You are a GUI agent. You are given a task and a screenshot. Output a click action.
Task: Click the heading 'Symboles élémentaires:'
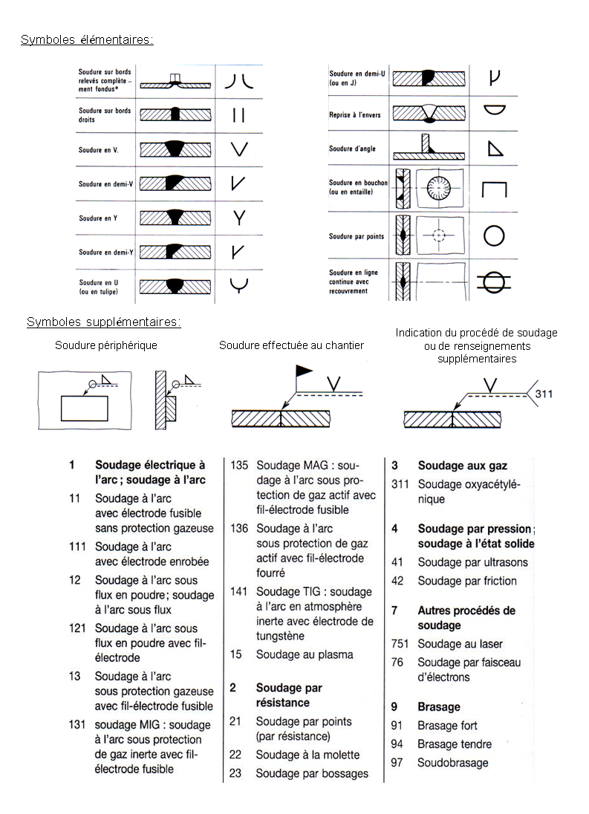[x=87, y=39]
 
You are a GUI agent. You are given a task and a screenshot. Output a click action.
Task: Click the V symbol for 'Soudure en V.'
[x=239, y=149]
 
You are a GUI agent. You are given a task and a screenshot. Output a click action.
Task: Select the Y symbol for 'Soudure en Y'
[x=239, y=218]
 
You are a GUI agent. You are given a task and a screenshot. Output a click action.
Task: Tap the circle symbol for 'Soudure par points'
[x=495, y=235]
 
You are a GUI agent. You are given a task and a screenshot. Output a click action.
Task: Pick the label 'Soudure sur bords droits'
[x=105, y=115]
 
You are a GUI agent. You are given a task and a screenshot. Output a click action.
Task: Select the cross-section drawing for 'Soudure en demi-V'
[x=175, y=183]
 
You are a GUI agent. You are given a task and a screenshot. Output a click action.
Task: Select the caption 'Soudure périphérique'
[x=106, y=345]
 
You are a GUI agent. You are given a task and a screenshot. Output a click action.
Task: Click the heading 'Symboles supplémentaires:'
[x=104, y=322]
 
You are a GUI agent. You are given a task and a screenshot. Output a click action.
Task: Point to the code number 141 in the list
[x=238, y=592]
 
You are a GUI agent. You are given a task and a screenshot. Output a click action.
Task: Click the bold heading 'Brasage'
[x=439, y=707]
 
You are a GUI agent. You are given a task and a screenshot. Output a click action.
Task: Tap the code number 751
[x=400, y=644]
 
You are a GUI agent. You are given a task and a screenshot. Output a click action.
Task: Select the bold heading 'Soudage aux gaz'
[x=462, y=466]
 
